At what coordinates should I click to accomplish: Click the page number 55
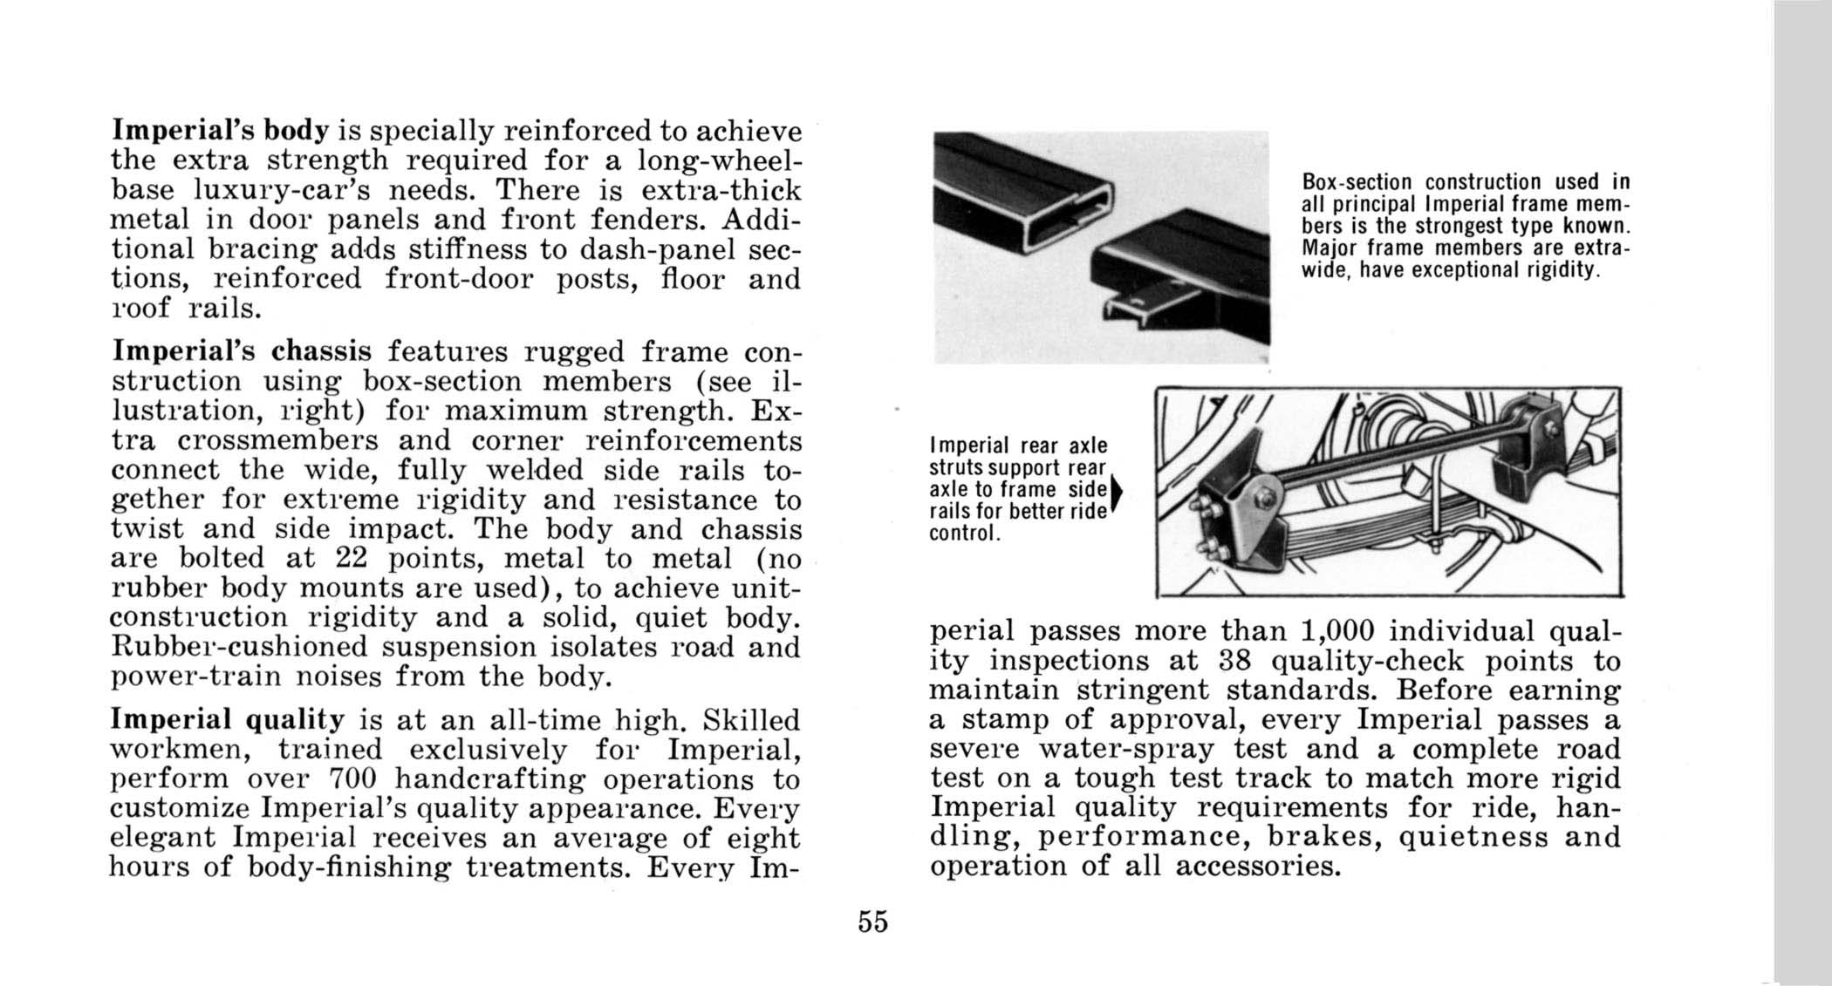[872, 921]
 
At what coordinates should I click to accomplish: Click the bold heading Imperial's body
[220, 131]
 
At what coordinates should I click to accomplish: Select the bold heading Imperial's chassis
[242, 351]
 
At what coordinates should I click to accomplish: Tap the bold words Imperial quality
[228, 720]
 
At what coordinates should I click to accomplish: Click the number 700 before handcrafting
[352, 779]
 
